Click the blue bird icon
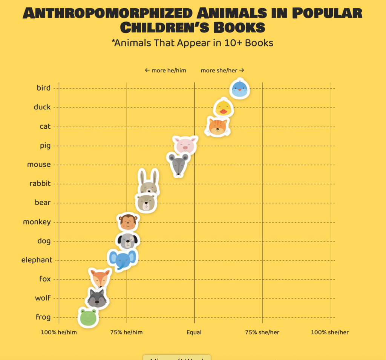[240, 89]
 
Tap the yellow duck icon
[223, 108]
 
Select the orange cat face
[218, 126]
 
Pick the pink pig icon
[185, 145]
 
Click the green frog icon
[88, 317]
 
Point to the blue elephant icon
[122, 260]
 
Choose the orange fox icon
[100, 278]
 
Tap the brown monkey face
[128, 222]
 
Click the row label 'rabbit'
[40, 184]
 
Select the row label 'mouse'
[39, 165]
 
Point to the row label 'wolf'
[43, 298]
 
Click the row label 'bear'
[43, 203]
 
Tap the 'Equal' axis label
[194, 332]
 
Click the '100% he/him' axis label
[58, 332]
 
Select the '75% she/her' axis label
[262, 332]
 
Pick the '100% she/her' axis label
[329, 332]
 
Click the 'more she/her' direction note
[222, 71]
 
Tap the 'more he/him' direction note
[165, 71]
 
